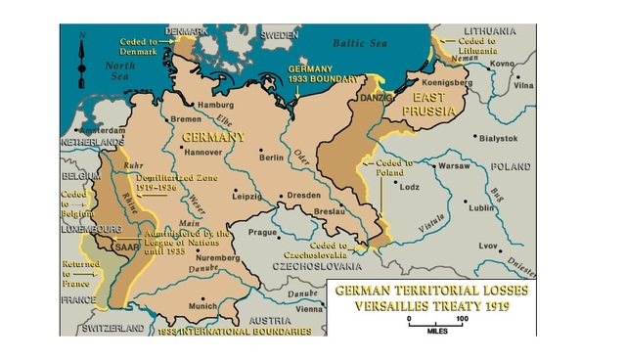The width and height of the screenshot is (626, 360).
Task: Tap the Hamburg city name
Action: [x=216, y=105]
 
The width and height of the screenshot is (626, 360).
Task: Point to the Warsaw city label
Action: [x=454, y=166]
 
